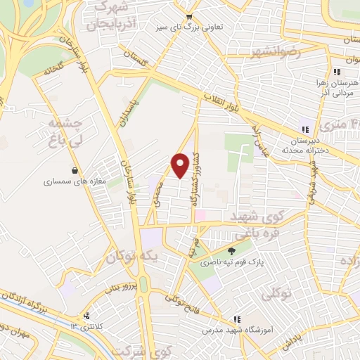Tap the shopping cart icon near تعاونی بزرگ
(188, 18)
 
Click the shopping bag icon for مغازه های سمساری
(75, 169)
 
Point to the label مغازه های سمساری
(74, 181)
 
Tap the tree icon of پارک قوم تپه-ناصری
(232, 250)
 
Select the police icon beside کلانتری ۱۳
(86, 316)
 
